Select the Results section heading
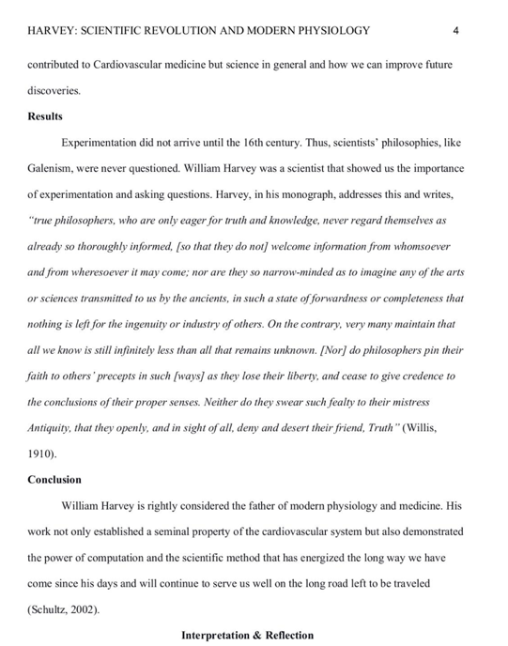(46, 116)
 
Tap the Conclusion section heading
(54, 479)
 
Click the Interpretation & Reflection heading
(248, 635)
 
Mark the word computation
(119, 557)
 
